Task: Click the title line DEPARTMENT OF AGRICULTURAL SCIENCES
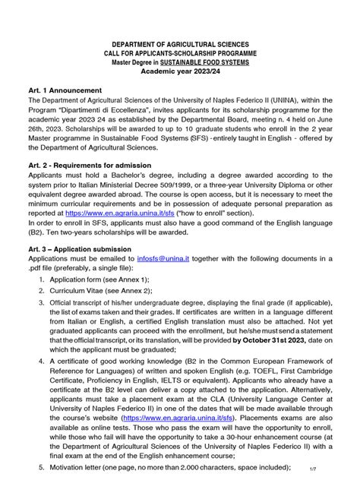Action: [180, 45]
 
